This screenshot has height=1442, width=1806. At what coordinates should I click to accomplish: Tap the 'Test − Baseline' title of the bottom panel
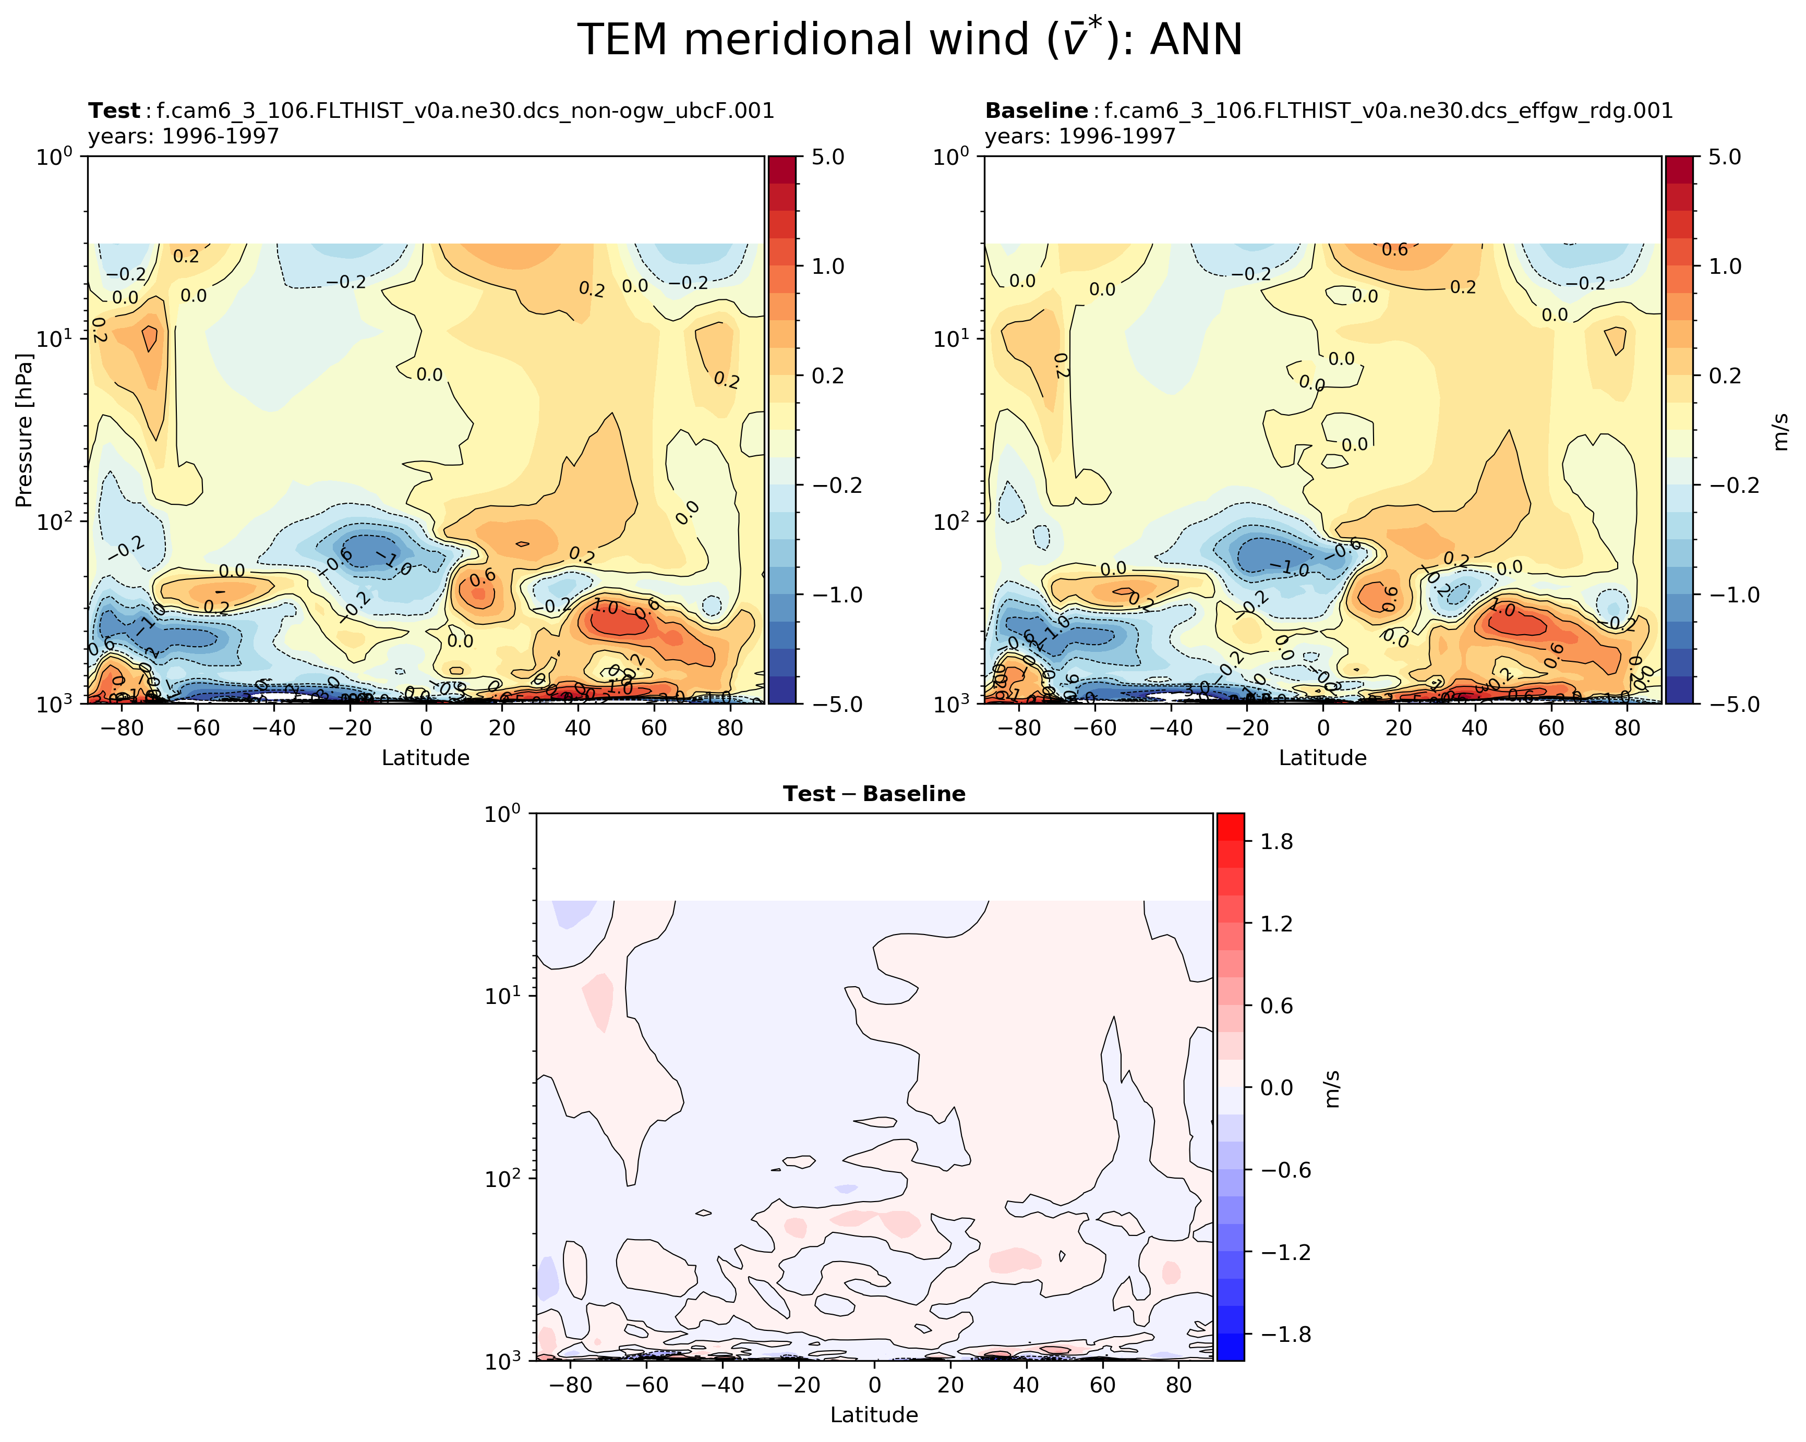(874, 794)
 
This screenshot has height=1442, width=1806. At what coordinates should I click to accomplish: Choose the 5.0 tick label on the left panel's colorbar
(827, 157)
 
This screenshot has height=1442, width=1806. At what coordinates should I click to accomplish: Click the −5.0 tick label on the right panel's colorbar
(1719, 704)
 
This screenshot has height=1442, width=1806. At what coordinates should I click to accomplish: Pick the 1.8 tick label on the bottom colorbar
(1276, 842)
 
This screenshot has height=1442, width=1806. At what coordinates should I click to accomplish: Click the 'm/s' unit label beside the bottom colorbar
(1332, 1088)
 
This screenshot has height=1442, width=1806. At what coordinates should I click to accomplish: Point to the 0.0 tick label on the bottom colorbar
(1276, 1088)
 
